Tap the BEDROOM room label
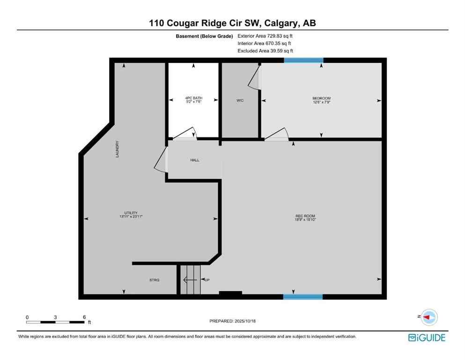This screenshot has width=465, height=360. tap(321, 98)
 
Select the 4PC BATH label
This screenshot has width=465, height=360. tap(193, 98)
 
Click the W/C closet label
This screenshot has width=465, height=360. tap(240, 101)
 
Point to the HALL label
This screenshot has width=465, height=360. tap(195, 160)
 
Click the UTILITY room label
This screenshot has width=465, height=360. tap(131, 213)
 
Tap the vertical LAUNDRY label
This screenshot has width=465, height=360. tap(118, 149)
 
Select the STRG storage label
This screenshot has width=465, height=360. tap(154, 280)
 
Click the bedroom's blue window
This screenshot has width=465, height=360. tap(303, 60)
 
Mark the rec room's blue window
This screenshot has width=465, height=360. tap(303, 297)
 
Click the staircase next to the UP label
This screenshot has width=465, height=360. tap(190, 280)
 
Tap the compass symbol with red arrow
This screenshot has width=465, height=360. tap(428, 317)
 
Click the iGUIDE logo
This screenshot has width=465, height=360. tap(427, 337)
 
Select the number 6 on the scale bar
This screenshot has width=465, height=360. tap(84, 317)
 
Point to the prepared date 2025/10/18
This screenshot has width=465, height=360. tap(233, 321)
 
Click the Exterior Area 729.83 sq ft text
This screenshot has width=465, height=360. tap(265, 36)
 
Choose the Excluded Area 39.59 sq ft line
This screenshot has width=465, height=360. tap(265, 51)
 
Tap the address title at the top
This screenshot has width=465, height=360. tap(232, 23)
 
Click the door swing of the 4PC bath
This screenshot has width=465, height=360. tap(186, 134)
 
